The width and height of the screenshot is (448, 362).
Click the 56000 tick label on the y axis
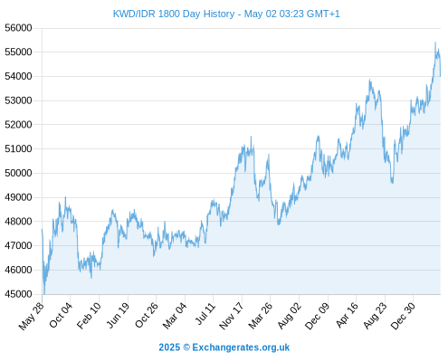click(18, 28)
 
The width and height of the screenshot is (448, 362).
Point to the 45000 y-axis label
click(18, 294)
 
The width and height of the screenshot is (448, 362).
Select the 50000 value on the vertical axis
click(18, 173)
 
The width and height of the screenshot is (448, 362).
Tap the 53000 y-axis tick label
click(18, 100)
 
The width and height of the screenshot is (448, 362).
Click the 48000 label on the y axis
click(18, 222)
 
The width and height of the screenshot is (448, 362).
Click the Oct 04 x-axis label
click(61, 315)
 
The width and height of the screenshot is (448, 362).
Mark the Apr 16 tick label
click(347, 315)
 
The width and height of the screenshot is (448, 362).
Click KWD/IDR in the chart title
click(134, 14)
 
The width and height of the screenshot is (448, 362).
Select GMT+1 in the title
click(323, 14)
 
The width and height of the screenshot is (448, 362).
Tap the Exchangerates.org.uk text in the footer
click(241, 348)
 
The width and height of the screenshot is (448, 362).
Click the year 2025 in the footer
click(169, 348)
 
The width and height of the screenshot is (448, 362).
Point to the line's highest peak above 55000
click(435, 43)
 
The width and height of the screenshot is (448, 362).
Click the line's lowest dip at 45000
click(44, 293)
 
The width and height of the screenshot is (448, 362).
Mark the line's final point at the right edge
click(440, 76)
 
